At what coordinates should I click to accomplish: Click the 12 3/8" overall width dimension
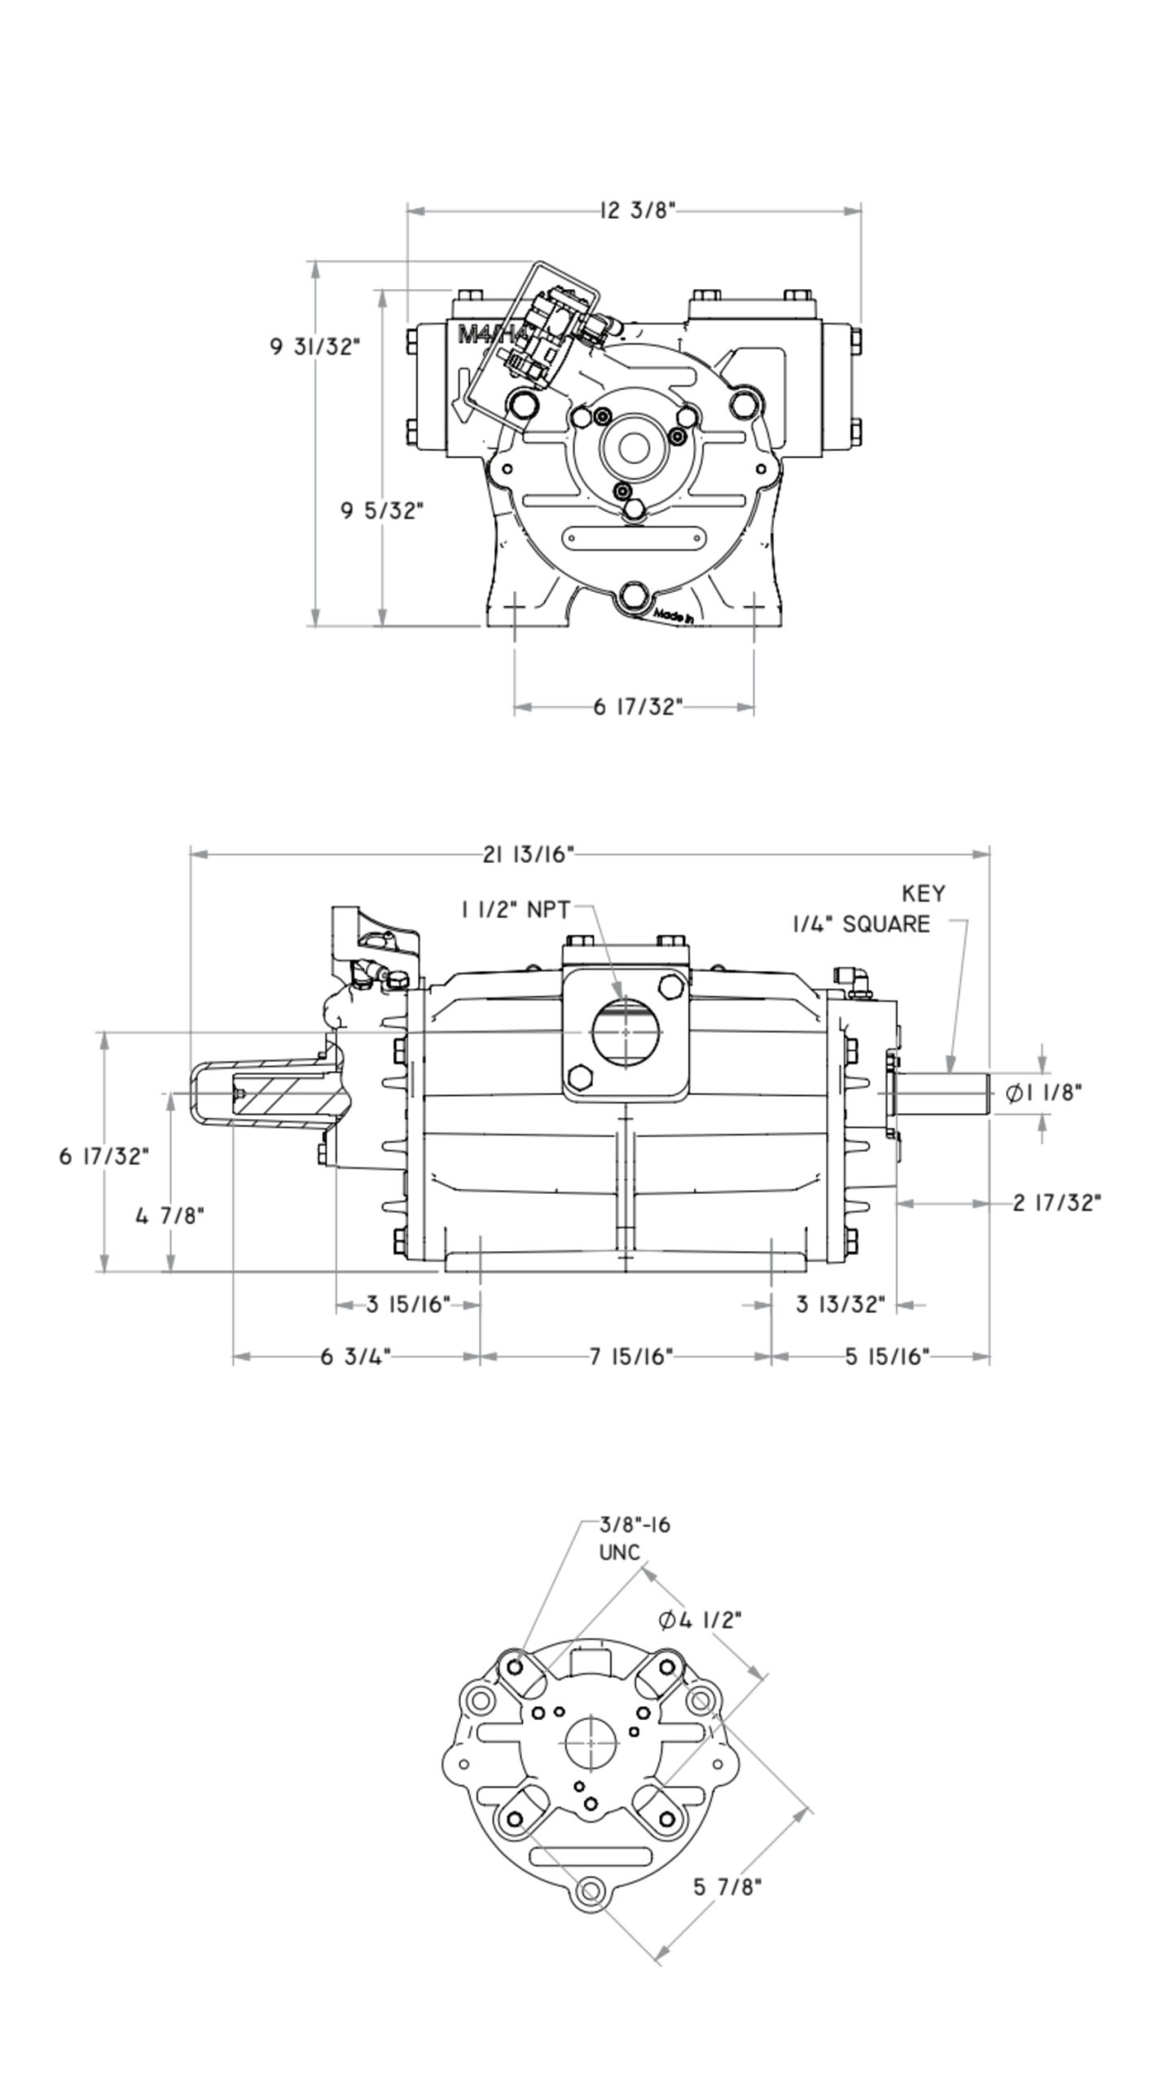tap(638, 210)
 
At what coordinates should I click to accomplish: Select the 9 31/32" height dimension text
tap(314, 346)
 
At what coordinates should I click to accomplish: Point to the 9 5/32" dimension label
tap(382, 511)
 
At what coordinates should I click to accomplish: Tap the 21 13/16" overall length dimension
tap(529, 854)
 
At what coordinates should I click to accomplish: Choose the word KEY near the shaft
tap(923, 893)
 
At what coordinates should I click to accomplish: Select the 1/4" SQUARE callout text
tap(862, 924)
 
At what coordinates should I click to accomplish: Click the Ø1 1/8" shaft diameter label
tap(1043, 1093)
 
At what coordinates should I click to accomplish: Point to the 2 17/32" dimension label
tap(1057, 1202)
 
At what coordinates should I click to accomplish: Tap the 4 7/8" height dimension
tap(169, 1216)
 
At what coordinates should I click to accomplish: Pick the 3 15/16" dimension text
tap(407, 1305)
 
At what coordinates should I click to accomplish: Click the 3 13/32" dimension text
tap(840, 1305)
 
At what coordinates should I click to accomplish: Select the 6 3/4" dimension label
tap(356, 1356)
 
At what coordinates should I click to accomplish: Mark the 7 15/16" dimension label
tap(631, 1356)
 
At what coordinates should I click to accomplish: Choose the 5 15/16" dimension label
tap(886, 1356)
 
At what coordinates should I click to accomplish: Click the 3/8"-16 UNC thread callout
tap(635, 1538)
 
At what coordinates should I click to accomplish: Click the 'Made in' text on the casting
tap(674, 616)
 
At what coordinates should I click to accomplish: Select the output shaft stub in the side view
tap(942, 1093)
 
